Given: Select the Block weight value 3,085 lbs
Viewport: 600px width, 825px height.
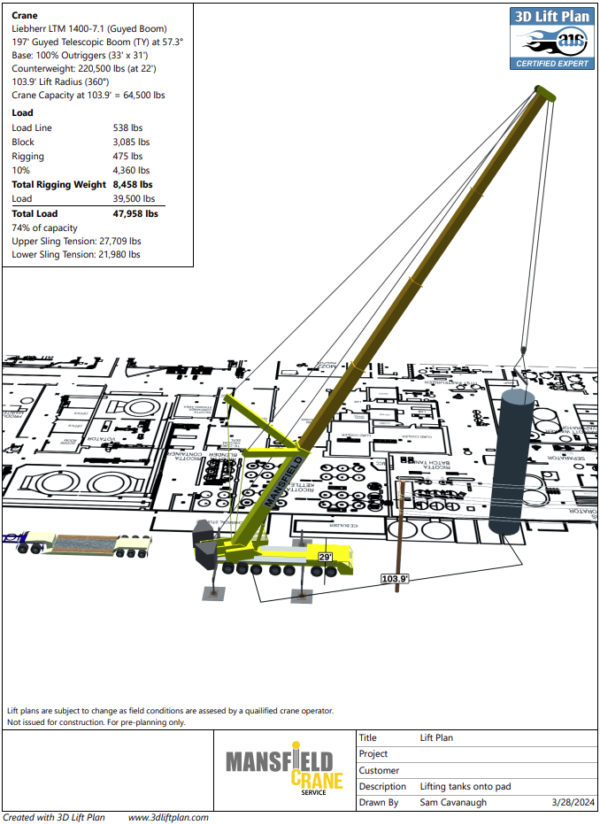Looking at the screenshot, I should pyautogui.click(x=131, y=142).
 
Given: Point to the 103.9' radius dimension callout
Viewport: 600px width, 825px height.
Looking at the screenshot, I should pyautogui.click(x=394, y=579).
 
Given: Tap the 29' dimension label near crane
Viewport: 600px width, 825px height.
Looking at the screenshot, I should pyautogui.click(x=325, y=557).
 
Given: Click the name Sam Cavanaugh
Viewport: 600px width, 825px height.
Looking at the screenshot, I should pyautogui.click(x=453, y=803).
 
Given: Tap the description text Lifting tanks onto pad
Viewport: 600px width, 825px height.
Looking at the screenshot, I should pyautogui.click(x=465, y=786).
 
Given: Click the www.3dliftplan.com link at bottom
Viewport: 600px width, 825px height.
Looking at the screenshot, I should pyautogui.click(x=168, y=818).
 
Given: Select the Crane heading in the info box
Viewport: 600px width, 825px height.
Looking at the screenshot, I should pyautogui.click(x=25, y=15).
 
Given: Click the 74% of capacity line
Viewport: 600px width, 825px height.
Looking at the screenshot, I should pyautogui.click(x=43, y=227).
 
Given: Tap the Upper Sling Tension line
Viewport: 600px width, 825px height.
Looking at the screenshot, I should pyautogui.click(x=75, y=241).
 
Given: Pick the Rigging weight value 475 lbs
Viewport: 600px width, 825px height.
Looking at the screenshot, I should pyautogui.click(x=127, y=156).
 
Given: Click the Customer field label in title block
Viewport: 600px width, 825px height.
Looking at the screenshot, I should pyautogui.click(x=379, y=770).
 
